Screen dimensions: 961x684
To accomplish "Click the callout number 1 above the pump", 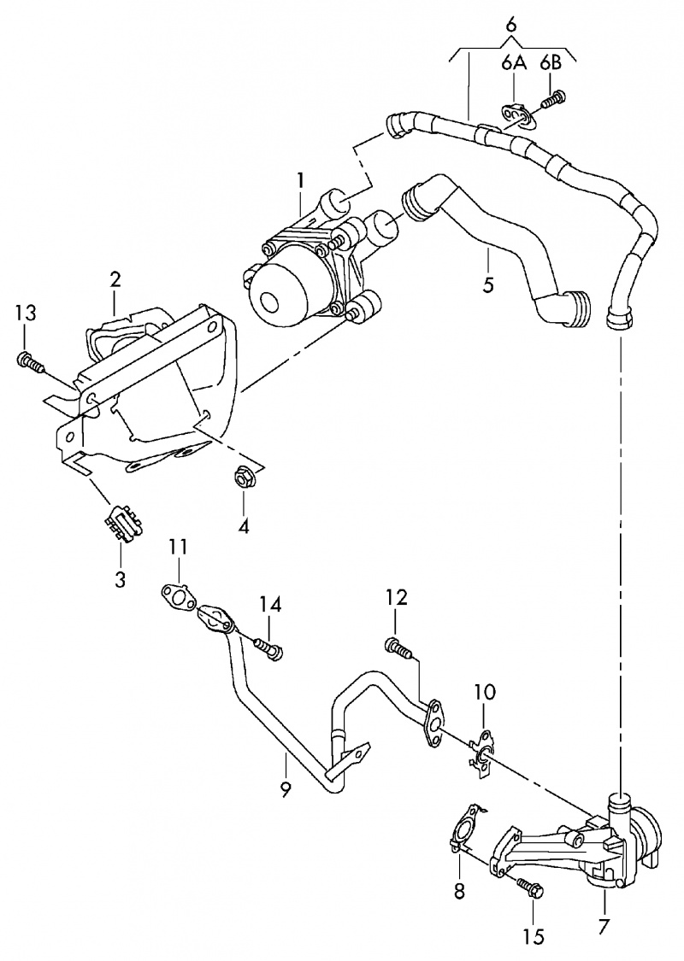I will pos(300,180).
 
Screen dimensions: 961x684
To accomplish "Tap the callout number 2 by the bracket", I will pos(115,279).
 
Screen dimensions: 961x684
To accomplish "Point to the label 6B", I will pos(551,62).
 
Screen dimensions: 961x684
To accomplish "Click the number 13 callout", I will pos(26,313).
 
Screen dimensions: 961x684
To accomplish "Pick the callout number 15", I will pos(533,937).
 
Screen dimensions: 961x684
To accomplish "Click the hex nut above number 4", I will pos(242,475).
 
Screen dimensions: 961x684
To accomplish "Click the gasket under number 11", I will pos(177,597).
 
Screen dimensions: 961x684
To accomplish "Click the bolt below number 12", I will pos(400,648).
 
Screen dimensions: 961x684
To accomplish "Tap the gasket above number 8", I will pos(463,827).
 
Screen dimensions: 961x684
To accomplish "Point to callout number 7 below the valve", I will pos(604,925).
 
